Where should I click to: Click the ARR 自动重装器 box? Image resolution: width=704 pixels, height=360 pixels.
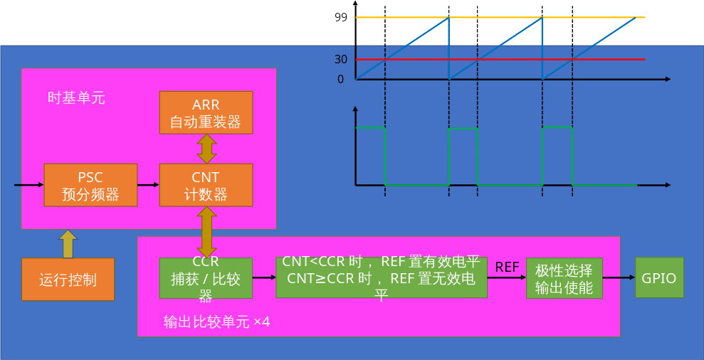point(206,112)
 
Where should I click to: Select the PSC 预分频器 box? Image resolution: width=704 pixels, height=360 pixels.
point(90,185)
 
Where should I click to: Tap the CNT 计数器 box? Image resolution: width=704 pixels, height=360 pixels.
point(206,185)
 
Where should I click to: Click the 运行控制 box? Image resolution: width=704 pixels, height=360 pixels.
point(68,279)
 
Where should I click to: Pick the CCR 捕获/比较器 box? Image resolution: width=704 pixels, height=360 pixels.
point(206,277)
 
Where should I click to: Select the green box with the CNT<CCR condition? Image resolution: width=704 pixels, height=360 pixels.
point(382,277)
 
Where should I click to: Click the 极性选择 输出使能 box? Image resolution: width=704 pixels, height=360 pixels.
point(564,277)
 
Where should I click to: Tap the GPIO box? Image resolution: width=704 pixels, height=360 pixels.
point(659,277)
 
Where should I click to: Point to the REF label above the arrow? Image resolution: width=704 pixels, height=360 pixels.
point(507,267)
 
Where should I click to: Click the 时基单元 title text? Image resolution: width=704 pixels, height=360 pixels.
point(76,98)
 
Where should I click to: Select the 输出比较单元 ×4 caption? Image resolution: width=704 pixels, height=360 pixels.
point(216,322)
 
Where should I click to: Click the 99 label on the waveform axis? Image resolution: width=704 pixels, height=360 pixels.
point(340,17)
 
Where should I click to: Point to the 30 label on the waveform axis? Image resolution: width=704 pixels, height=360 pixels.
point(340,59)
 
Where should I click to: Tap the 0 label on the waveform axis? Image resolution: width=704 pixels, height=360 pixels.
point(340,79)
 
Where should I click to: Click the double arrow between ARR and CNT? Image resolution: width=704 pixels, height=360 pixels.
point(206,149)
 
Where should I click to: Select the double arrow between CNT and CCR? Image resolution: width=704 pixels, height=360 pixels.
point(206,232)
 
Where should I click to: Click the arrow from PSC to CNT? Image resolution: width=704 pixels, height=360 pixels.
point(148,185)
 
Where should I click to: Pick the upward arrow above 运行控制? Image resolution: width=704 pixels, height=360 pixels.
point(68,243)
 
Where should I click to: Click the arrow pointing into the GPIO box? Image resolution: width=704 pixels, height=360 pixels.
point(619,277)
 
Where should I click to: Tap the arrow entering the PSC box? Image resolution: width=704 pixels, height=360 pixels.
point(28,185)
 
